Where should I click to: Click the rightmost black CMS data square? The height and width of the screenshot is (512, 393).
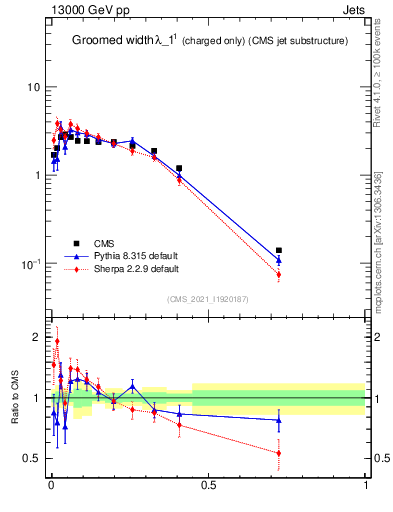(279, 250)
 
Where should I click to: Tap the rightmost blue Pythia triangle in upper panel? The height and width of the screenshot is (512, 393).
(279, 260)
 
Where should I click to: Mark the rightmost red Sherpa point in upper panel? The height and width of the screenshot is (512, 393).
(279, 274)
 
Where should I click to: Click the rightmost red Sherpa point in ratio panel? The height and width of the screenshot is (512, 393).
(279, 453)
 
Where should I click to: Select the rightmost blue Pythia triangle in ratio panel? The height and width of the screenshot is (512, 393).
(279, 420)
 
